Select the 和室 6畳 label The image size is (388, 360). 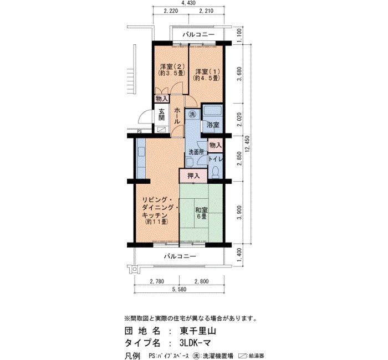tap(201, 213)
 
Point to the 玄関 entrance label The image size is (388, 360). tap(162, 115)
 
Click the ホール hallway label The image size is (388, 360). tap(177, 115)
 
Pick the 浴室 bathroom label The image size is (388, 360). tap(212, 125)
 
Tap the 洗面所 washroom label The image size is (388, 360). tap(196, 152)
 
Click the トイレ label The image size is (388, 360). tap(216, 160)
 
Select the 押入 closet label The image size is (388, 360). tap(193, 176)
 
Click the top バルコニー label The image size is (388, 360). tap(198, 34)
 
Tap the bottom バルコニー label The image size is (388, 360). tap(180, 256)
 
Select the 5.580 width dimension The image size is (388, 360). tap(180, 289)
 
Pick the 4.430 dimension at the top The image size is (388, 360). tap(188, 3)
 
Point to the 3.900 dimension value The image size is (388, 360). tap(239, 213)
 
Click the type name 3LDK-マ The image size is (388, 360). tap(195, 343)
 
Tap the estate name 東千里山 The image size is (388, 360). tap(198, 331)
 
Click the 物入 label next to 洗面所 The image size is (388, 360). tap(215, 145)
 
